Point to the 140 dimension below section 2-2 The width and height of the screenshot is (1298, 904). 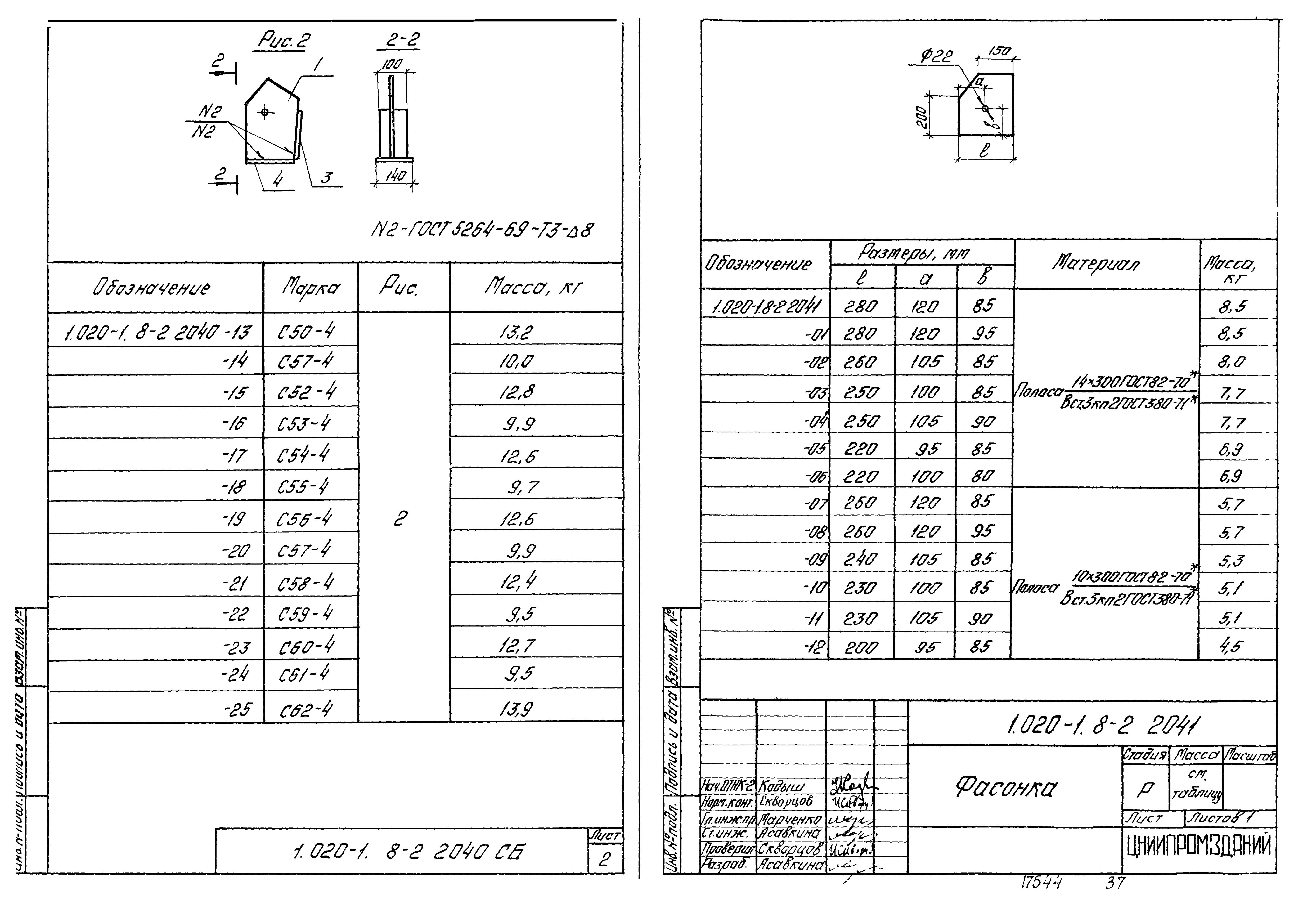(x=395, y=176)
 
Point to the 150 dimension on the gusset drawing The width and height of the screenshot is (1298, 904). (x=999, y=52)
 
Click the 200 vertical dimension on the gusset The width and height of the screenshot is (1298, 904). (x=922, y=117)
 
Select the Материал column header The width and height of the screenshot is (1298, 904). (x=1096, y=263)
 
